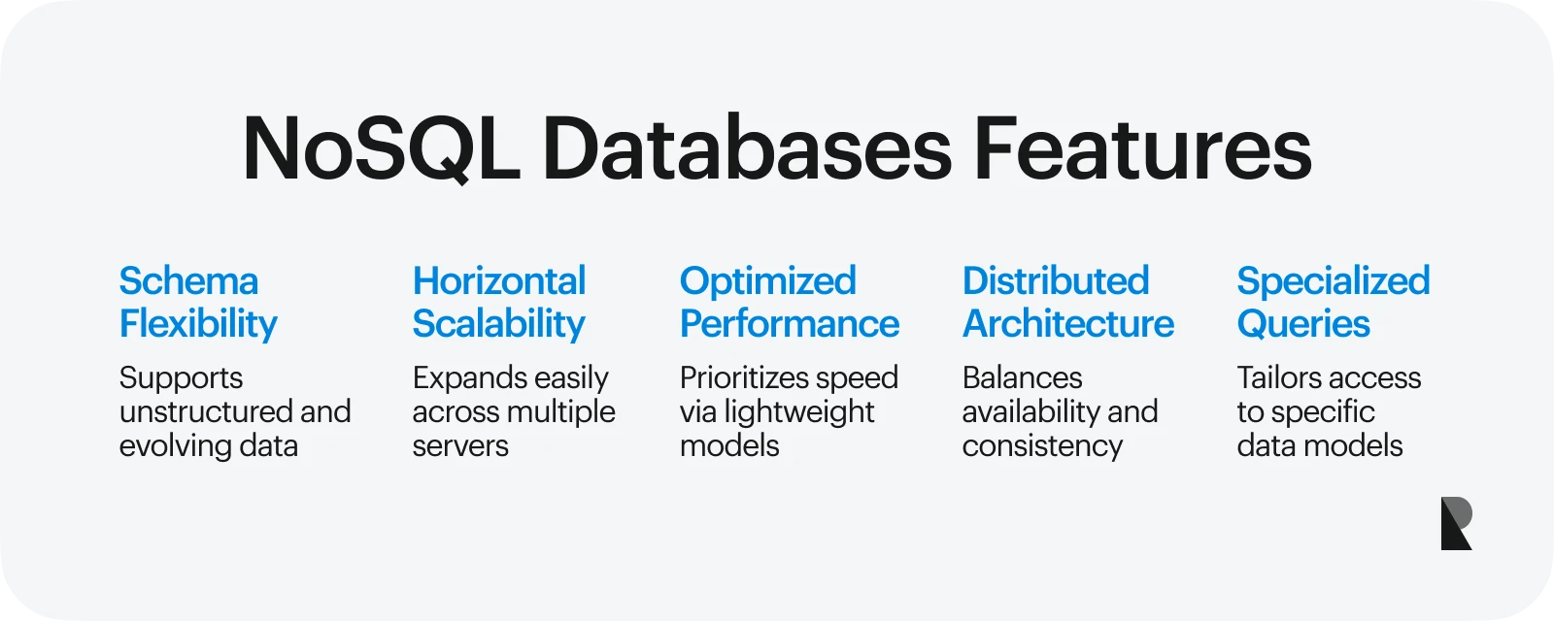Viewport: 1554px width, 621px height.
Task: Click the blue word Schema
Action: (x=188, y=281)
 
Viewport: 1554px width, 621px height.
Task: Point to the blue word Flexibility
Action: (x=198, y=324)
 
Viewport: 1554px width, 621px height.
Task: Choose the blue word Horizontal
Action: (x=499, y=281)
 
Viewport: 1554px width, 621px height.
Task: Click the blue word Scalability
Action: (x=498, y=324)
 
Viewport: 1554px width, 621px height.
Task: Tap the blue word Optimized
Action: (x=767, y=282)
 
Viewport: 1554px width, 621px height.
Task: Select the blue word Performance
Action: (x=789, y=324)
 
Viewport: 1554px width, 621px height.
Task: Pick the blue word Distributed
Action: (x=1056, y=281)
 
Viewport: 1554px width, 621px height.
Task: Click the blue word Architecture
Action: (x=1067, y=324)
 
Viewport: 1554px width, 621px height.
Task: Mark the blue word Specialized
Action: (x=1333, y=282)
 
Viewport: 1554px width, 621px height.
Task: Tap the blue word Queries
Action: (x=1302, y=325)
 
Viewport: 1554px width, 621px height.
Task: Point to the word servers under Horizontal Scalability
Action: (x=460, y=446)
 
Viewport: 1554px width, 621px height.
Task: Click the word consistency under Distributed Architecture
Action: (x=1042, y=446)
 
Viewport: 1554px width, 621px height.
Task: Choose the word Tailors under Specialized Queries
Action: (x=1279, y=377)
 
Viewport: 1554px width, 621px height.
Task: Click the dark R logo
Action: (x=1455, y=524)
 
